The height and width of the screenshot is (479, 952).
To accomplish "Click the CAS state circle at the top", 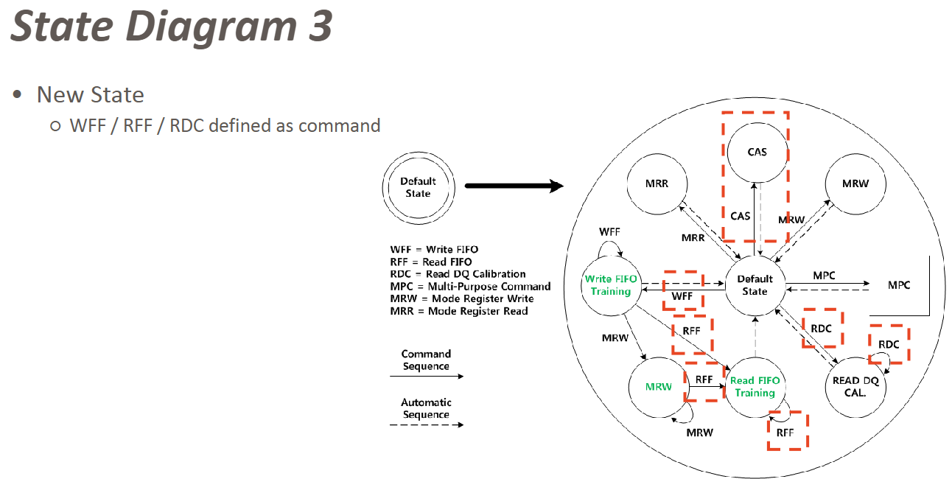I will (757, 152).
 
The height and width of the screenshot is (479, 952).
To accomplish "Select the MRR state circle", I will (657, 183).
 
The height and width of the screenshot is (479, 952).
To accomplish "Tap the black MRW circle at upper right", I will (855, 183).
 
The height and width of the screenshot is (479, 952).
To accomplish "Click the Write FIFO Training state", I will (611, 285).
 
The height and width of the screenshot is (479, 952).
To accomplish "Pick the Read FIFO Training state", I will (755, 387).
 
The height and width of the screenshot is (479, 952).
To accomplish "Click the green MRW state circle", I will (659, 387).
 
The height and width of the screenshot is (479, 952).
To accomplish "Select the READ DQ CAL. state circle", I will (855, 386).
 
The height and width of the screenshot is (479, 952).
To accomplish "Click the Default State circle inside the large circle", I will (755, 285).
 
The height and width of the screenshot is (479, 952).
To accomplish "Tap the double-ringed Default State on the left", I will (418, 187).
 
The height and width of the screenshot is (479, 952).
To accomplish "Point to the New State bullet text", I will (91, 95).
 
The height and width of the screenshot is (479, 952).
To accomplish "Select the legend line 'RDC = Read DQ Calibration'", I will (458, 274).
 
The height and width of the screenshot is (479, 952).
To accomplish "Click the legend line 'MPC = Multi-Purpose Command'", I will (470, 286).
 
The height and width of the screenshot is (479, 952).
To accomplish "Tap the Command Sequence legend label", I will (426, 360).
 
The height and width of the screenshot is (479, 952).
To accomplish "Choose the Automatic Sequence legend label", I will (426, 409).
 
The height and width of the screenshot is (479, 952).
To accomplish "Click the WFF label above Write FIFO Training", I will (609, 231).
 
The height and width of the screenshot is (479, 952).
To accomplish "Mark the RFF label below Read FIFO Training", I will (785, 433).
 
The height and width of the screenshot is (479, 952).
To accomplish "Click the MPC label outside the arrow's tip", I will (898, 285).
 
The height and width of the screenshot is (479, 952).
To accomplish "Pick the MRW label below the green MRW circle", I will (699, 433).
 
